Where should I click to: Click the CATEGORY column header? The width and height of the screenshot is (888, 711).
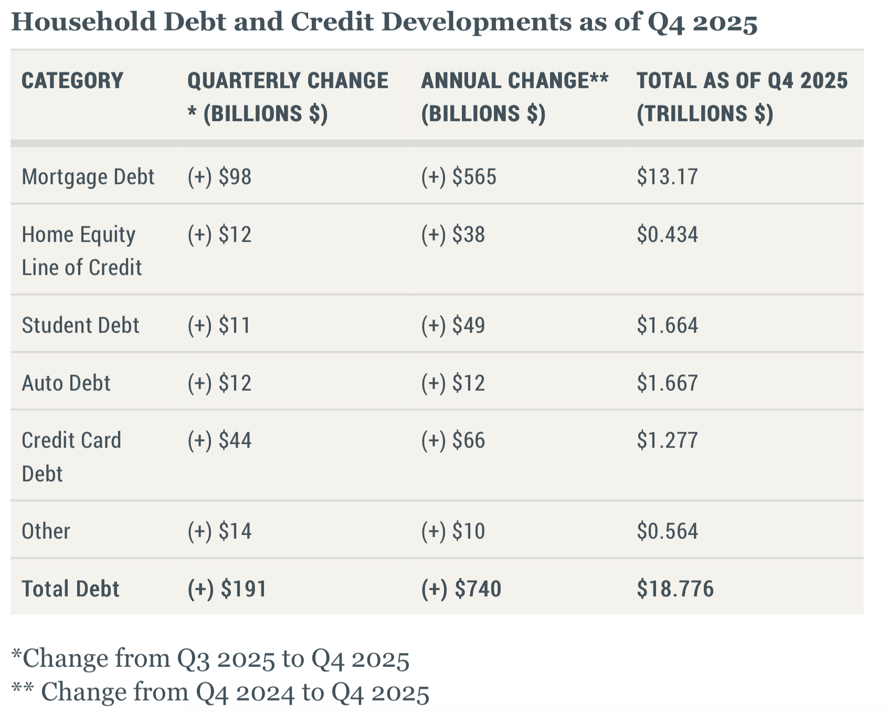72,81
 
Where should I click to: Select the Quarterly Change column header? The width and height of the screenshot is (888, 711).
288,97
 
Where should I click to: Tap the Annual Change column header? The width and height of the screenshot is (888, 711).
514,97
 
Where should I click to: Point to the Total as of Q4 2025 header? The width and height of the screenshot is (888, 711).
742,97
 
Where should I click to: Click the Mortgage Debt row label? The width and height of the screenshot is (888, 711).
88,177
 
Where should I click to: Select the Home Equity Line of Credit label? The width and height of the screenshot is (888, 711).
81,250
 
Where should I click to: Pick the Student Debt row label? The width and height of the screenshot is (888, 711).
80,326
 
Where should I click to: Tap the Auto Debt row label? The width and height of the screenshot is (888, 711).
66,383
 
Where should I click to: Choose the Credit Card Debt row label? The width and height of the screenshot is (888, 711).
71,457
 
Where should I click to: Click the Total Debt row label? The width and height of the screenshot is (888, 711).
70,589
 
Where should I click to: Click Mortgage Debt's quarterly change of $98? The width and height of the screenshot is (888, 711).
219,177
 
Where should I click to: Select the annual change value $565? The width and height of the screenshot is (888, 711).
458,177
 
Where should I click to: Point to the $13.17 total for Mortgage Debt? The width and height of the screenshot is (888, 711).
667,177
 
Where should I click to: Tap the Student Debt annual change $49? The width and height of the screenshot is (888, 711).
453,326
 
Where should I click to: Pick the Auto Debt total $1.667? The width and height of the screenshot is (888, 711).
667,383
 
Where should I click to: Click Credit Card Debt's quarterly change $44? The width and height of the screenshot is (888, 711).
219,440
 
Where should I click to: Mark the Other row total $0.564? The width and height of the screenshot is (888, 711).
667,531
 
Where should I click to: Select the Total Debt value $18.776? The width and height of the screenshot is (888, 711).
675,589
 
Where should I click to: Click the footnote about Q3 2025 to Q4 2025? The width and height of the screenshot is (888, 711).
210,658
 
